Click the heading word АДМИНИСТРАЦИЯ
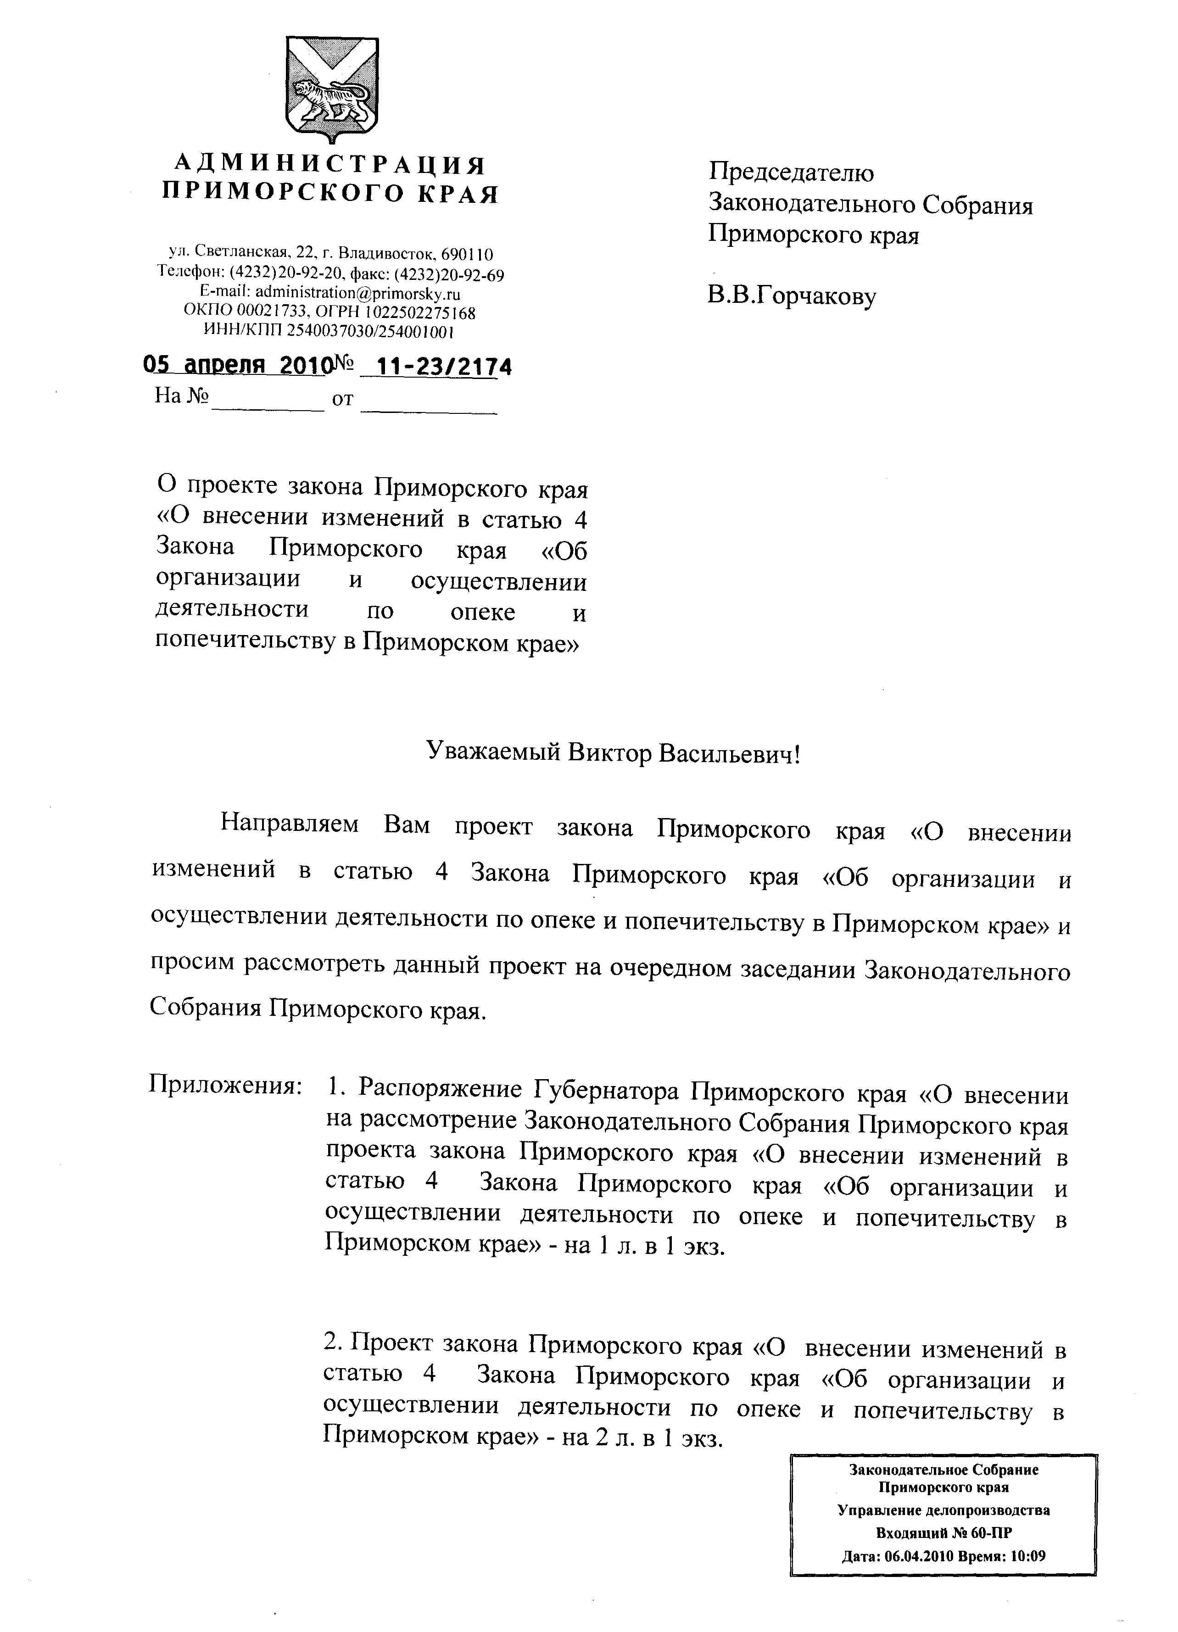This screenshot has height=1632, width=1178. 330,165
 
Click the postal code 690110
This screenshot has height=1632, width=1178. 467,255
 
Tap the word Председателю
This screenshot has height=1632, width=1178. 792,173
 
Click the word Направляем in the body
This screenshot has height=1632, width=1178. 289,823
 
